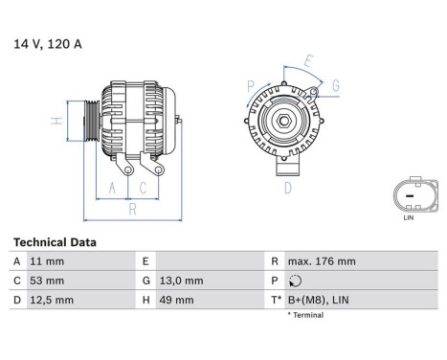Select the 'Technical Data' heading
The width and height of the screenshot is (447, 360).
[x=55, y=243]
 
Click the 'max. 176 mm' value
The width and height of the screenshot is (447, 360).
[x=322, y=261]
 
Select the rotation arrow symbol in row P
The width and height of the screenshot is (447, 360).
[x=293, y=281]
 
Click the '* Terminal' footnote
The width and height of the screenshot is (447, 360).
[x=303, y=315]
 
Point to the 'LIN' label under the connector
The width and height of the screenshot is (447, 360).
[x=409, y=218]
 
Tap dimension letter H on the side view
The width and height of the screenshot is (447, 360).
[x=56, y=121]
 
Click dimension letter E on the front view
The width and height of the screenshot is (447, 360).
[x=308, y=62]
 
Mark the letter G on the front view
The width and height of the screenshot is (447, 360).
[x=335, y=85]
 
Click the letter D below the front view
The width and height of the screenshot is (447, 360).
[x=287, y=189]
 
